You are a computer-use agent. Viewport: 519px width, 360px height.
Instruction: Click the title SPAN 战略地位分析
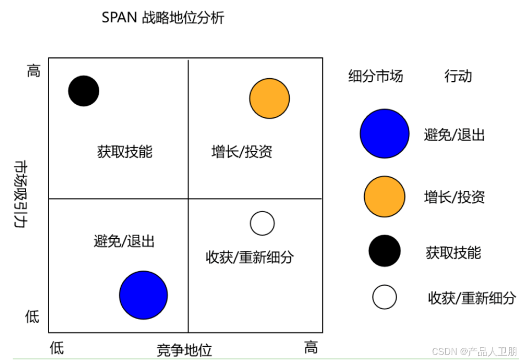tap(163, 18)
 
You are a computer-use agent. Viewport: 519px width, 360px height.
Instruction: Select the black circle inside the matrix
tap(84, 90)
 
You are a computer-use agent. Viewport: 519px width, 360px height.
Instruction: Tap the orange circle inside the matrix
tap(269, 98)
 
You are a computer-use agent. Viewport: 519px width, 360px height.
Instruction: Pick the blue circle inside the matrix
tap(143, 295)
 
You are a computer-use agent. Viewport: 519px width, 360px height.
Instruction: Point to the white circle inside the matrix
tap(262, 223)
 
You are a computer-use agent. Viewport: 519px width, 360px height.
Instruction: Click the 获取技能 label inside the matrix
tap(125, 151)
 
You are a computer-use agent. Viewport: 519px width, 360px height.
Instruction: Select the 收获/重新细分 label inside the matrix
tap(250, 257)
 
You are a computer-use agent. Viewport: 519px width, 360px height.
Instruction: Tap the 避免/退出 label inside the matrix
tap(124, 241)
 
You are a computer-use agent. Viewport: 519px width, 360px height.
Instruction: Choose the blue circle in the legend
tap(385, 134)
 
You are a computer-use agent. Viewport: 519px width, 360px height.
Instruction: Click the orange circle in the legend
tap(385, 197)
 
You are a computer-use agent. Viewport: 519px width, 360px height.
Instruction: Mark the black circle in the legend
tap(385, 251)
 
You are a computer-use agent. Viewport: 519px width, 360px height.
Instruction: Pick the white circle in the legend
tap(385, 297)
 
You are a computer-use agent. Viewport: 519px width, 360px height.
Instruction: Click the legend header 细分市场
tap(376, 76)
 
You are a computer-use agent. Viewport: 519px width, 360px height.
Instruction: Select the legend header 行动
tap(458, 76)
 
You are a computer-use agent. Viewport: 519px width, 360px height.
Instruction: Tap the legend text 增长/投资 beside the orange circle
tap(455, 197)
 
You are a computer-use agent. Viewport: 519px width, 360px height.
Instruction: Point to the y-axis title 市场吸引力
tap(20, 195)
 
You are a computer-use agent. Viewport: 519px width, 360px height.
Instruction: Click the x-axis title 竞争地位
tap(185, 350)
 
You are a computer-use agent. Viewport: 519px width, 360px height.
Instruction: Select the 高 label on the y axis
tap(34, 71)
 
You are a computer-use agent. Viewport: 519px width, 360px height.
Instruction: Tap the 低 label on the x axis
tap(57, 348)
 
